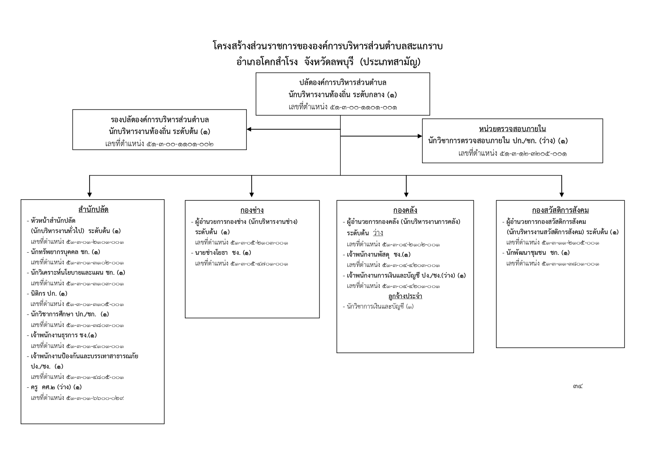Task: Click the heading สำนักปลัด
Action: [x=94, y=210]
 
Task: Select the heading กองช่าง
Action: [x=252, y=210]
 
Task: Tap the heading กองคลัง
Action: [x=405, y=210]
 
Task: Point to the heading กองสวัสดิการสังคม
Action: [x=560, y=210]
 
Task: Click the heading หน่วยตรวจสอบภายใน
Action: [x=512, y=129]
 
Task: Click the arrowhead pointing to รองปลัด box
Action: [x=249, y=129]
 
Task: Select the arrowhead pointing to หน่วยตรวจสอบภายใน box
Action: [x=420, y=136]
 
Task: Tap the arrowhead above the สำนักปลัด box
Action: [x=89, y=195]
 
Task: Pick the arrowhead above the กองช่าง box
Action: [x=252, y=195]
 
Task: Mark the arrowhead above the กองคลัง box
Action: [x=406, y=195]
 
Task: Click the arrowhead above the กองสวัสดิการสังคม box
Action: [x=562, y=195]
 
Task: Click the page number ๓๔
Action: [x=578, y=386]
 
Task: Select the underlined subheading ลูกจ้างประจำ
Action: [x=405, y=296]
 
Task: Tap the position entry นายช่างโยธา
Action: [x=221, y=253]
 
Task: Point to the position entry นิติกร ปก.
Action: [x=47, y=293]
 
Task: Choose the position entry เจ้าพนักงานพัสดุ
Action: [x=376, y=254]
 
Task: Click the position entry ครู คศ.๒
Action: [x=54, y=387]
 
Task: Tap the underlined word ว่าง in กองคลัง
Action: [x=378, y=233]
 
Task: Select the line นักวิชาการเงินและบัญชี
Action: [x=378, y=306]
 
